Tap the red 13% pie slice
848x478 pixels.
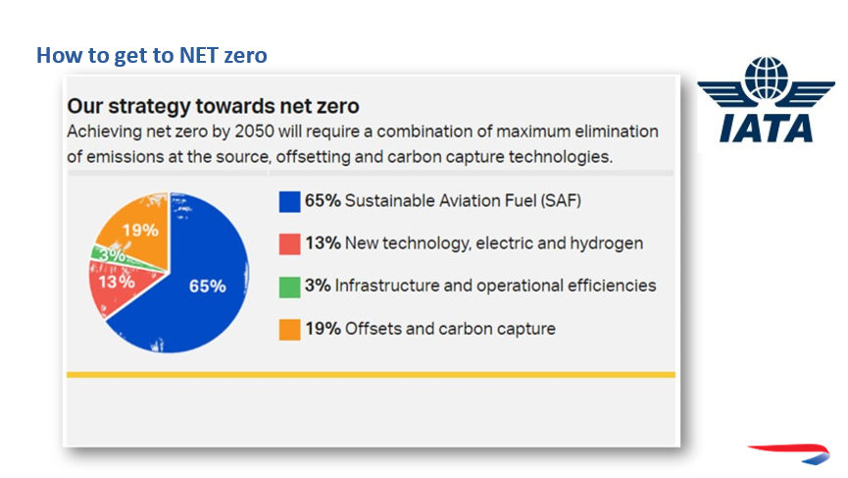pyautogui.click(x=117, y=285)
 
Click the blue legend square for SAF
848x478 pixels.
pyautogui.click(x=289, y=201)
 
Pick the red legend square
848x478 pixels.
pyautogui.click(x=289, y=243)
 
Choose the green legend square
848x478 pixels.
pyautogui.click(x=289, y=287)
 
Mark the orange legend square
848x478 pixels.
pyautogui.click(x=289, y=330)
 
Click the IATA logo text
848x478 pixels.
pyautogui.click(x=766, y=129)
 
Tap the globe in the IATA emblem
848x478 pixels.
pyautogui.click(x=767, y=78)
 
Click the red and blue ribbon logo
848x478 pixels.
pyautogui.click(x=789, y=453)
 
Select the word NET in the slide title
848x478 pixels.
pyautogui.click(x=198, y=55)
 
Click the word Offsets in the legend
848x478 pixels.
pyautogui.click(x=374, y=329)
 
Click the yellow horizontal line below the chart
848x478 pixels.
pyautogui.click(x=371, y=375)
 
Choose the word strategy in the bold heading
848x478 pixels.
pyautogui.click(x=149, y=107)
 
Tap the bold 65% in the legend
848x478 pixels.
pyautogui.click(x=323, y=201)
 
